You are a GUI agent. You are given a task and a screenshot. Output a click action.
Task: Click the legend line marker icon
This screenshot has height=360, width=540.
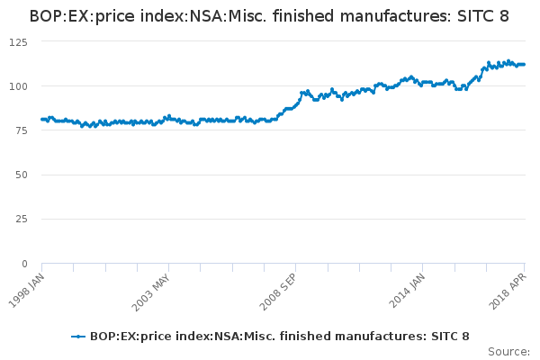79,337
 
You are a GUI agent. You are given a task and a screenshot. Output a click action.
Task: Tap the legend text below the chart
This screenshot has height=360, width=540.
279,337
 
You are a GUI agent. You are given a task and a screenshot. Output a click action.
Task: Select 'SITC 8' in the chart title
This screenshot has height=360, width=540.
484,16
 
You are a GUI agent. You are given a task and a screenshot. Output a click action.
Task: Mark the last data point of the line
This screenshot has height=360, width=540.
525,65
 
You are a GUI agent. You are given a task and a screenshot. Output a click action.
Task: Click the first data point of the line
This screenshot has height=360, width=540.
42,119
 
